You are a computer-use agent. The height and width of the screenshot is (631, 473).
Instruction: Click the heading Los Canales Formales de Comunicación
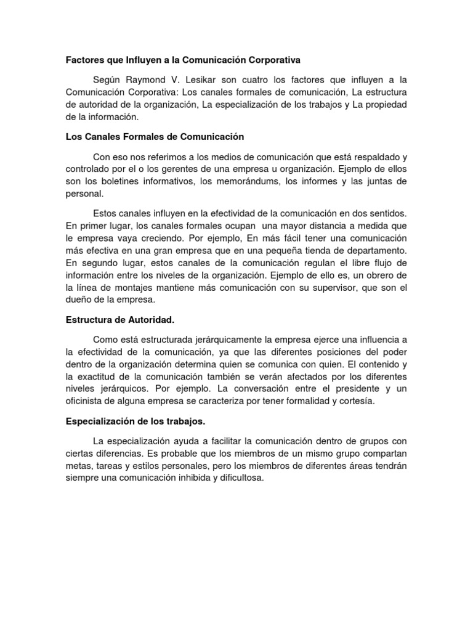tap(155, 136)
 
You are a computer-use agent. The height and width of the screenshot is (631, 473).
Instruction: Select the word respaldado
tap(367, 157)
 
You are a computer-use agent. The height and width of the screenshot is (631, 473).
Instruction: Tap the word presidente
tap(353, 388)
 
